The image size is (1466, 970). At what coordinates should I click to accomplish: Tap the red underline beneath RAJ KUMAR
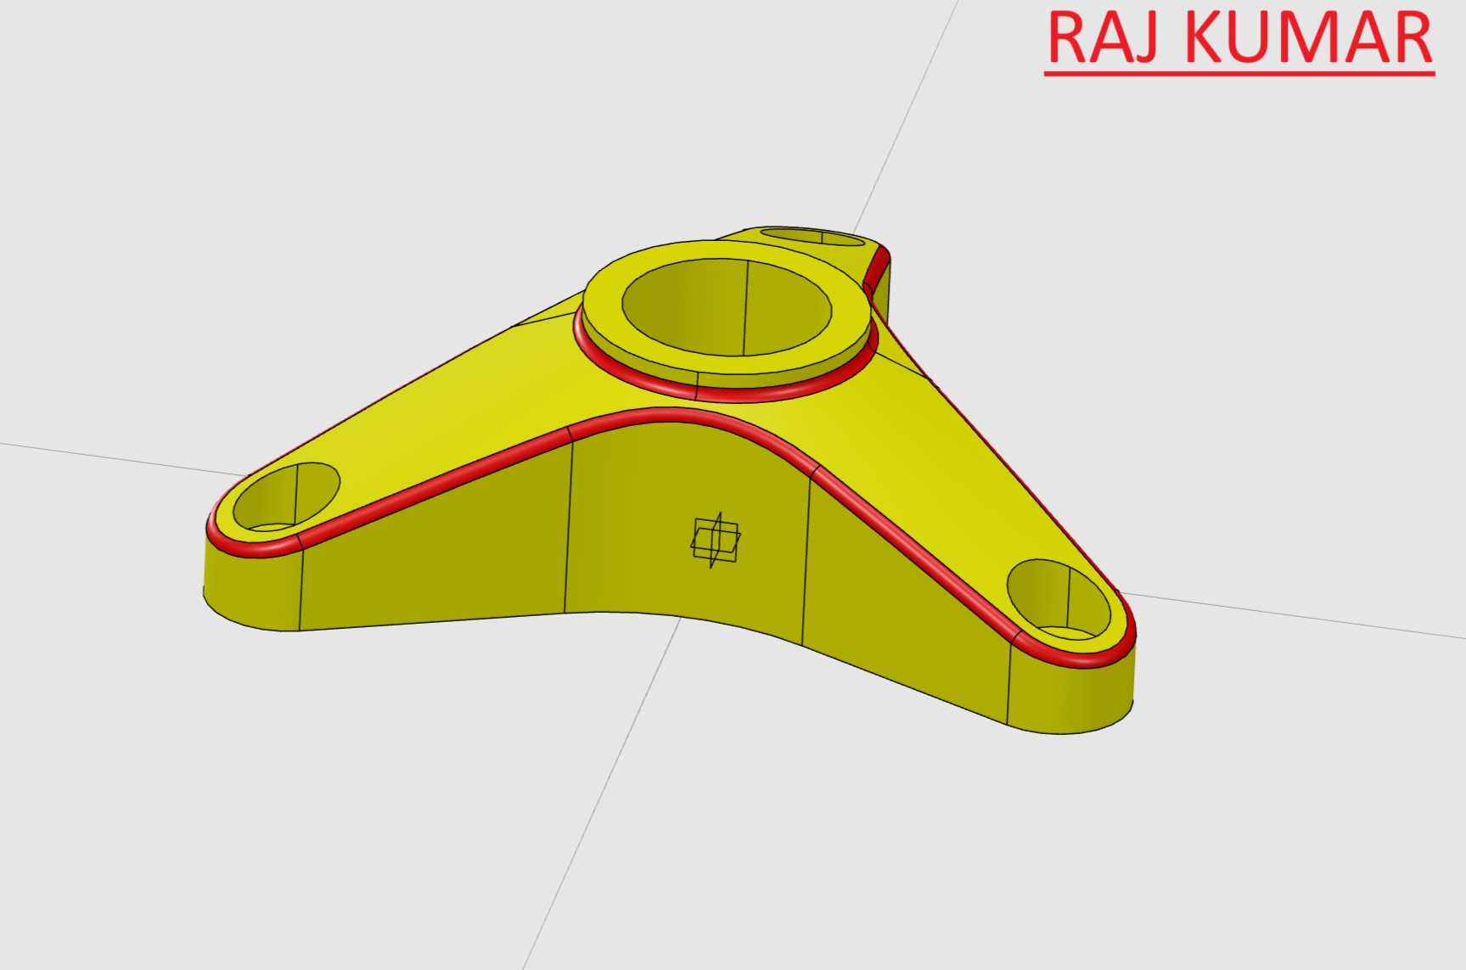(x=1239, y=75)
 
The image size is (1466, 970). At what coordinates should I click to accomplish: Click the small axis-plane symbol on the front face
(x=715, y=541)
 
